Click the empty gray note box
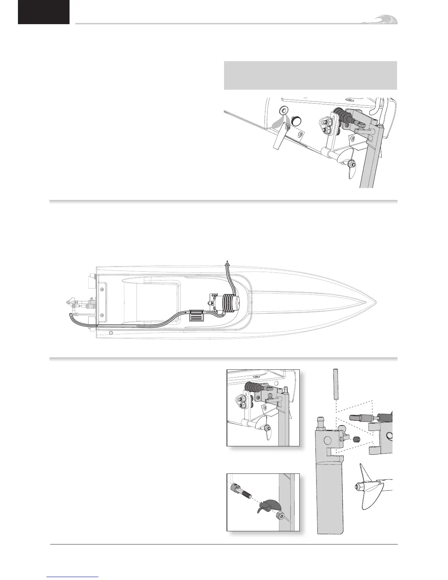click(310, 75)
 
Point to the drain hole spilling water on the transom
click(283, 110)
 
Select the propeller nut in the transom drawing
click(352, 164)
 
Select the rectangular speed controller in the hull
click(197, 315)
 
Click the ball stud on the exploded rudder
click(343, 428)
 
